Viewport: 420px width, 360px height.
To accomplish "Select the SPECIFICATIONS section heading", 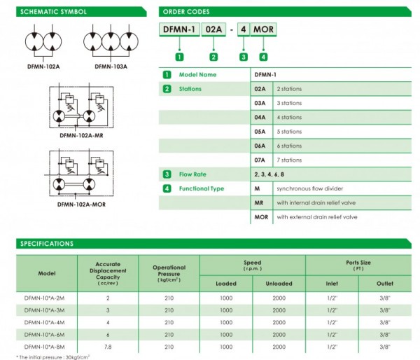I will tap(47, 244).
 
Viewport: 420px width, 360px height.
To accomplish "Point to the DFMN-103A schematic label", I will tap(110, 67).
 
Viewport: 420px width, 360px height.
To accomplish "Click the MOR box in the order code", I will tap(264, 29).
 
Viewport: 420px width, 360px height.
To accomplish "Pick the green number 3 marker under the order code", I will tap(243, 57).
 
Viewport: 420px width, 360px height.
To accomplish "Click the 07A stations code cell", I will tap(259, 160).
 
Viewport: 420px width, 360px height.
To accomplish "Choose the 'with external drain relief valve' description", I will tap(317, 217).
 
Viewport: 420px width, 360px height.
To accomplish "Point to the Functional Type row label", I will tap(202, 188).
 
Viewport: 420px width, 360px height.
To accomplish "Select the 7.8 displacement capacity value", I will tap(107, 346).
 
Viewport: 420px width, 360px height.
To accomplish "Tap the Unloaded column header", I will tap(279, 283).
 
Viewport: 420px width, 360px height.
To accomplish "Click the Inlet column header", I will tap(332, 283).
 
